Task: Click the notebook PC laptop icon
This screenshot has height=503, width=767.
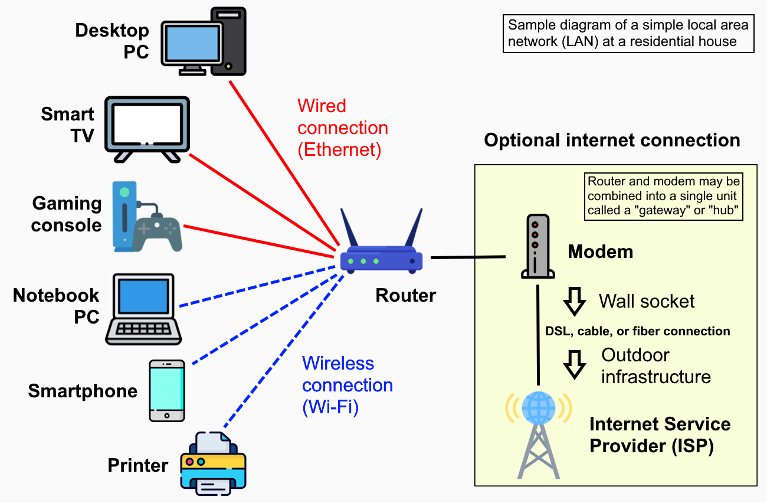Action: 143,309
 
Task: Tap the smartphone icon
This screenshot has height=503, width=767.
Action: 166,391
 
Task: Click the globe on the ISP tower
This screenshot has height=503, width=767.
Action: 538,407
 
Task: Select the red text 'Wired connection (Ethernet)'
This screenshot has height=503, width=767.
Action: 342,128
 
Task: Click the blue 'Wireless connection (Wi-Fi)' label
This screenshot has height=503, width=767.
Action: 347,386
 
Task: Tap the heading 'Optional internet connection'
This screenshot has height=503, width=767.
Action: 612,141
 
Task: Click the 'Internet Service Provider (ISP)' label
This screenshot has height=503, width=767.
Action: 660,435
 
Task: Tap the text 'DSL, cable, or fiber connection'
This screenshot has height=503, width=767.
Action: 637,331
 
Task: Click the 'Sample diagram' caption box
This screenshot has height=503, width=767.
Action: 628,34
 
